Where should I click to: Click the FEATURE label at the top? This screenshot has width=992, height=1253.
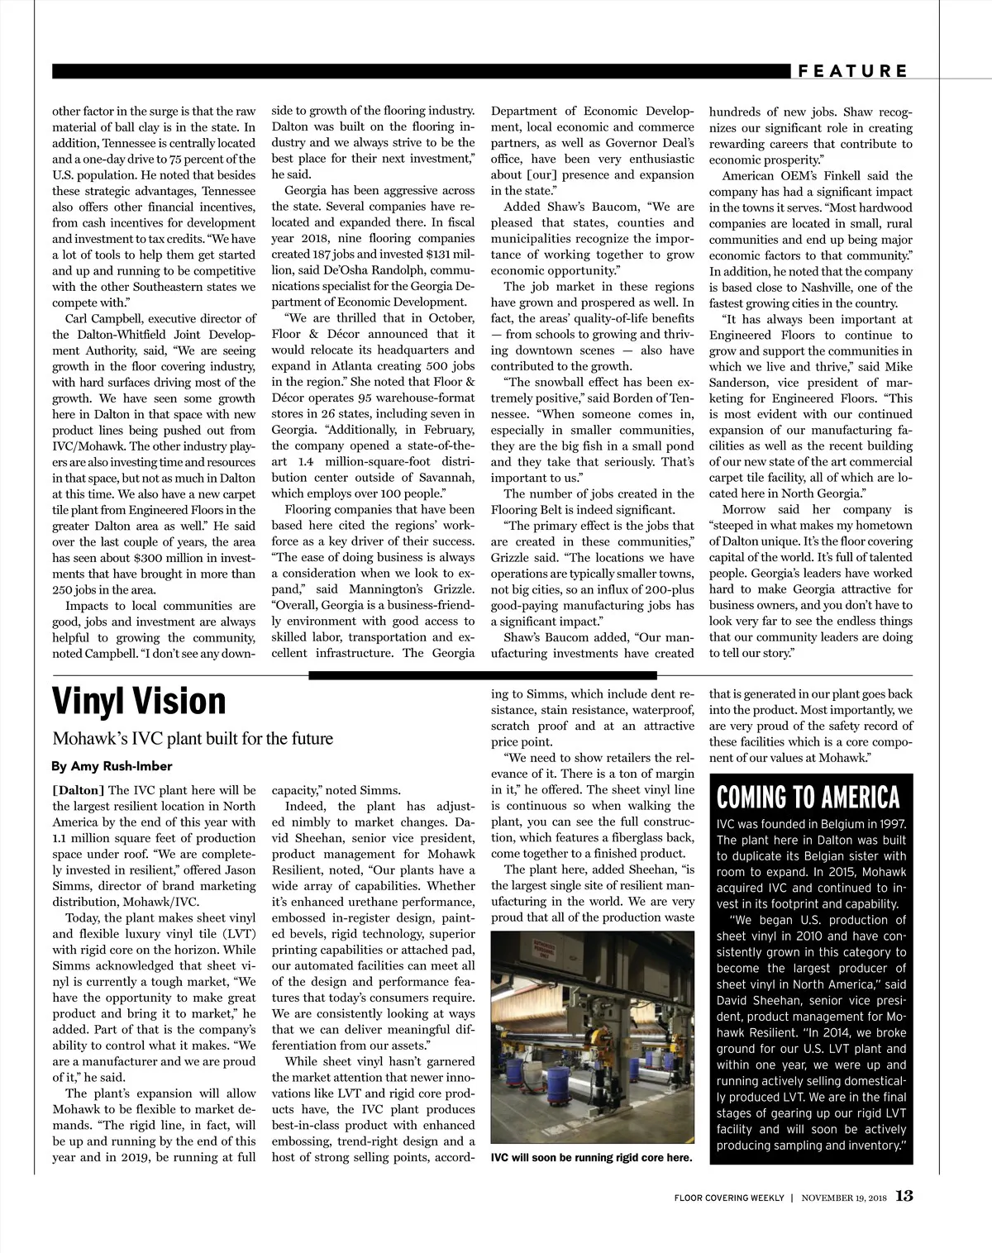[853, 71]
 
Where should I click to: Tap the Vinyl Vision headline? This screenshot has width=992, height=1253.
[139, 701]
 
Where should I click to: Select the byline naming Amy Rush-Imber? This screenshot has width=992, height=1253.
[112, 766]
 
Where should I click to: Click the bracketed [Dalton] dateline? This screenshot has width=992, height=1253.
[79, 790]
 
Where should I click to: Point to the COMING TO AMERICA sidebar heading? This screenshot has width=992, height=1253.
[808, 798]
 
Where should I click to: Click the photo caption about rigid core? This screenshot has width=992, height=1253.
[591, 1157]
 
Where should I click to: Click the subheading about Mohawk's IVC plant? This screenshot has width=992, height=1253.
[193, 738]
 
